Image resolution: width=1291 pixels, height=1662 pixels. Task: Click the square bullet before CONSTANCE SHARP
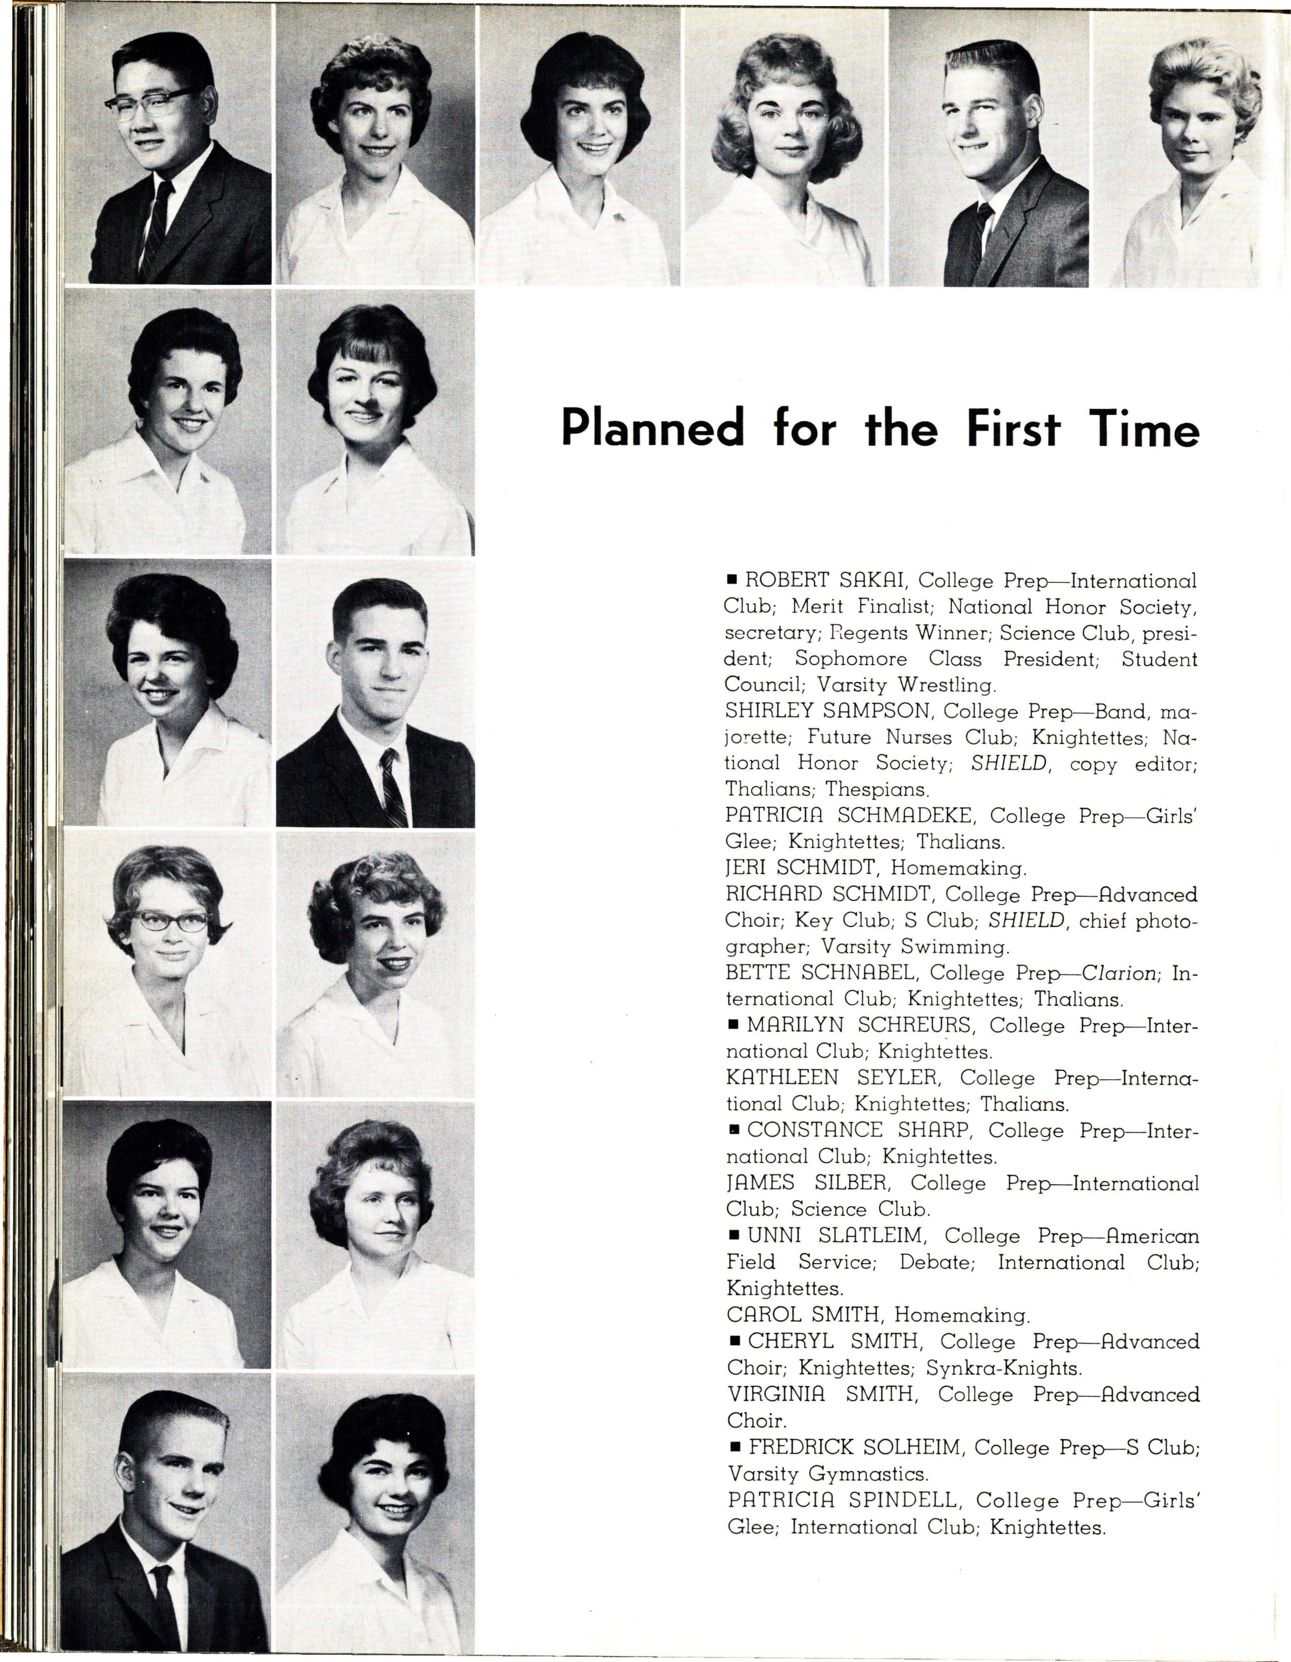coord(734,1130)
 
